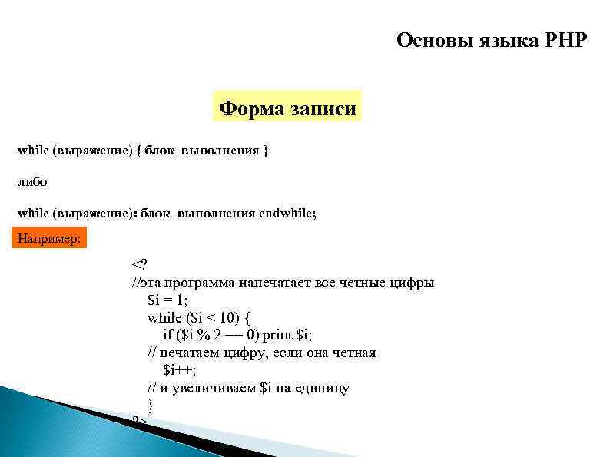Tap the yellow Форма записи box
(x=287, y=109)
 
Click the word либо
(x=32, y=182)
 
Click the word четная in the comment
(x=352, y=353)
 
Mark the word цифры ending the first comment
(x=414, y=283)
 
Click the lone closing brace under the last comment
(x=151, y=405)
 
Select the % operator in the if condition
(x=202, y=335)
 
